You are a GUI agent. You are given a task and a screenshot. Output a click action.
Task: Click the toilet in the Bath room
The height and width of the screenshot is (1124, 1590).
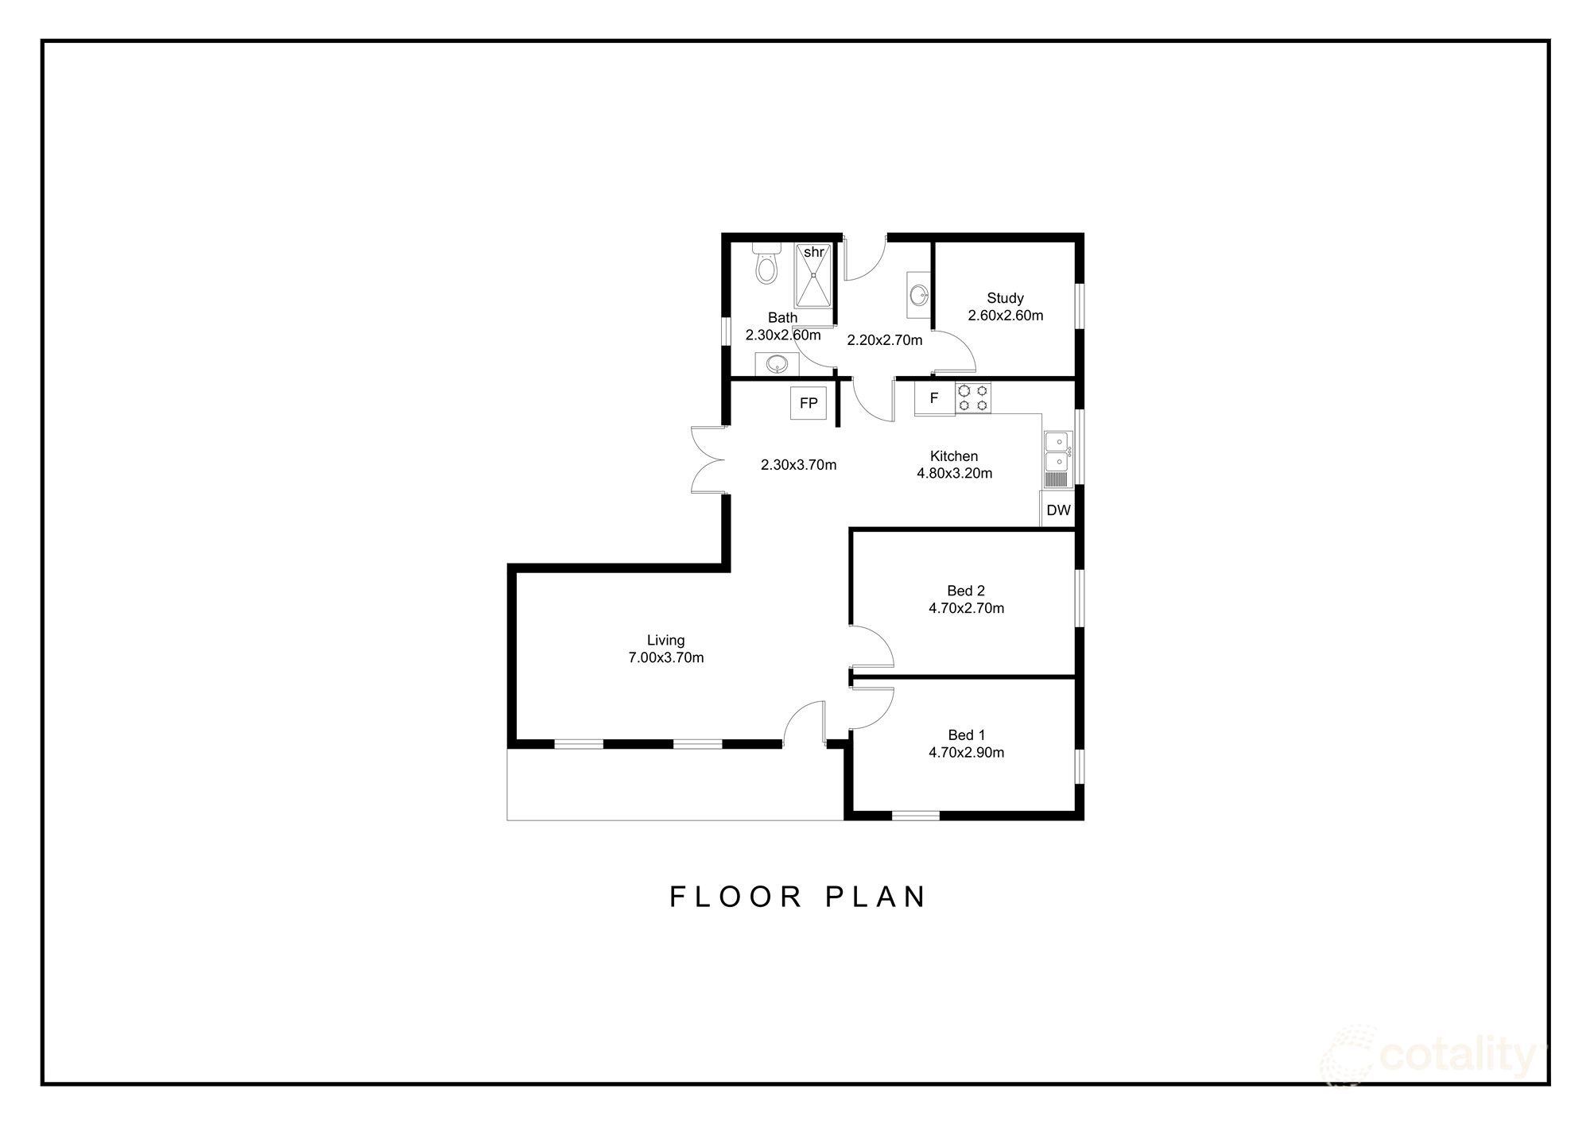766,263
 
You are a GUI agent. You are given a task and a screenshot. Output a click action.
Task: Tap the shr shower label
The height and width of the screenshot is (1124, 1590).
813,252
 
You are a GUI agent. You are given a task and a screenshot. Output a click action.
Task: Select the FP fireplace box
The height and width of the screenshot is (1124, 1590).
809,404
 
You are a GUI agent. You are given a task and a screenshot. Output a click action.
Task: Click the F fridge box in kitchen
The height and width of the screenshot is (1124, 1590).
934,398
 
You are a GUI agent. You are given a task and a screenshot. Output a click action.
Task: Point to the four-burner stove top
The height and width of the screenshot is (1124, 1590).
973,398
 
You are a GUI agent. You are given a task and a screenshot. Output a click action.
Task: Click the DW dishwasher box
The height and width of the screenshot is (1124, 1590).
1058,510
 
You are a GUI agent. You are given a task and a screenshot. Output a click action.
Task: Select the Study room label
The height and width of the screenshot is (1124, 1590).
1005,298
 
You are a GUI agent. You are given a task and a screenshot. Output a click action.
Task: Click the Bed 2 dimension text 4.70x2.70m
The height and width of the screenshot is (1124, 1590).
966,609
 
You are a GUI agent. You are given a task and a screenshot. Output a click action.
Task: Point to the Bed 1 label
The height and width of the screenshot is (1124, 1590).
966,735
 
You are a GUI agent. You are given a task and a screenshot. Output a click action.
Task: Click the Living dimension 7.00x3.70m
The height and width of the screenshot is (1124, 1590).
665,658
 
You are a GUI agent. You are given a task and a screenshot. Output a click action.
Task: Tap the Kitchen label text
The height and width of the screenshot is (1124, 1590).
954,456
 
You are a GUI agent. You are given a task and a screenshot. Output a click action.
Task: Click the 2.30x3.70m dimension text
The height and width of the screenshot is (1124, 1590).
798,465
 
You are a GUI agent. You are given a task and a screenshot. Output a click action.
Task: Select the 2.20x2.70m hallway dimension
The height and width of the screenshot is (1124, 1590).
884,341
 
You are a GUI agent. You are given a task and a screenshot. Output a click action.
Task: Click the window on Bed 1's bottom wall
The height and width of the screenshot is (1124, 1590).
915,815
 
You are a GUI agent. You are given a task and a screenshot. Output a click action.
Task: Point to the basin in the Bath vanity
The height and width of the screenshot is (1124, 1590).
776,365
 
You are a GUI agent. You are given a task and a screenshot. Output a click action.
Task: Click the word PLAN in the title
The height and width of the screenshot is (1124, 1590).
876,897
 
